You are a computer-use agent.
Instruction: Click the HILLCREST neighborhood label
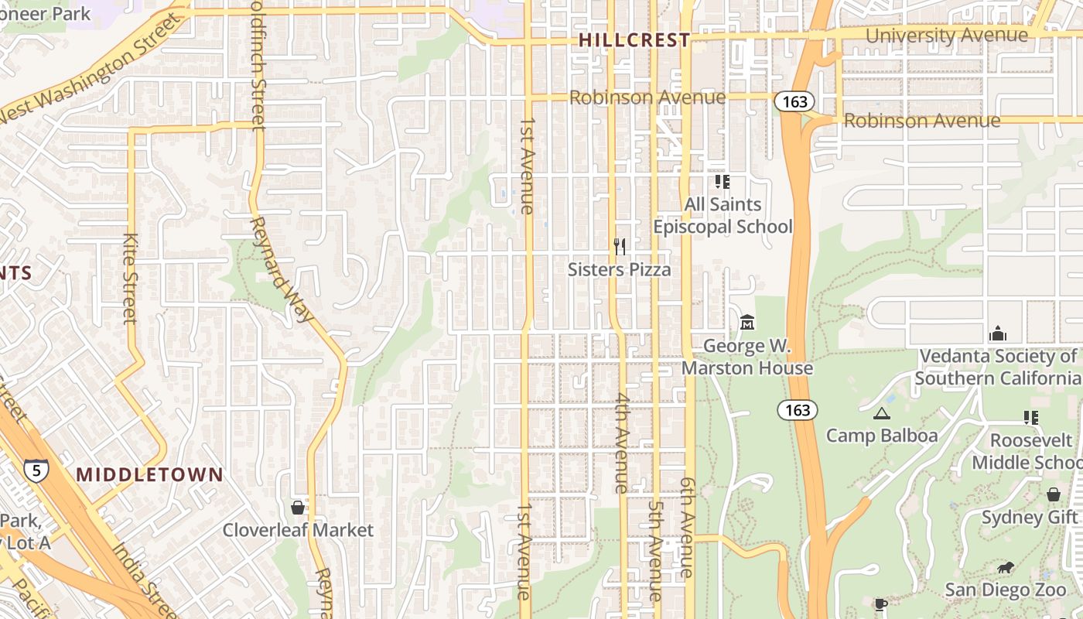tap(634, 40)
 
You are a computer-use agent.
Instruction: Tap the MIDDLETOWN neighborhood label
tap(149, 474)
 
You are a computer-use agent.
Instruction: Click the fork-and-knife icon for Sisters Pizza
tap(619, 247)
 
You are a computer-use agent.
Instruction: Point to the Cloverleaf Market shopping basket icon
tap(297, 508)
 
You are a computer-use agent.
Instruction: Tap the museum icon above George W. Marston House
tap(747, 322)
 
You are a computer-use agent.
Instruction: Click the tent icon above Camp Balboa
tap(881, 413)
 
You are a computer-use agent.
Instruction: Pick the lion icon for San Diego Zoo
tap(1006, 569)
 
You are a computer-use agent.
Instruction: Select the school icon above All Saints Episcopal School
tap(722, 182)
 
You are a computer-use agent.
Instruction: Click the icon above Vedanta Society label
tap(998, 333)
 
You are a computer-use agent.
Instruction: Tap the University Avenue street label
tap(947, 36)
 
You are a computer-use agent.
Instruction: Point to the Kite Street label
tap(130, 279)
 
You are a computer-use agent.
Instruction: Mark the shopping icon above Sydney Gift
tap(1053, 494)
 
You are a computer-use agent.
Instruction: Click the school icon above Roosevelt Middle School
tap(1030, 418)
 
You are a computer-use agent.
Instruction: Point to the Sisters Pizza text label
tap(619, 269)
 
